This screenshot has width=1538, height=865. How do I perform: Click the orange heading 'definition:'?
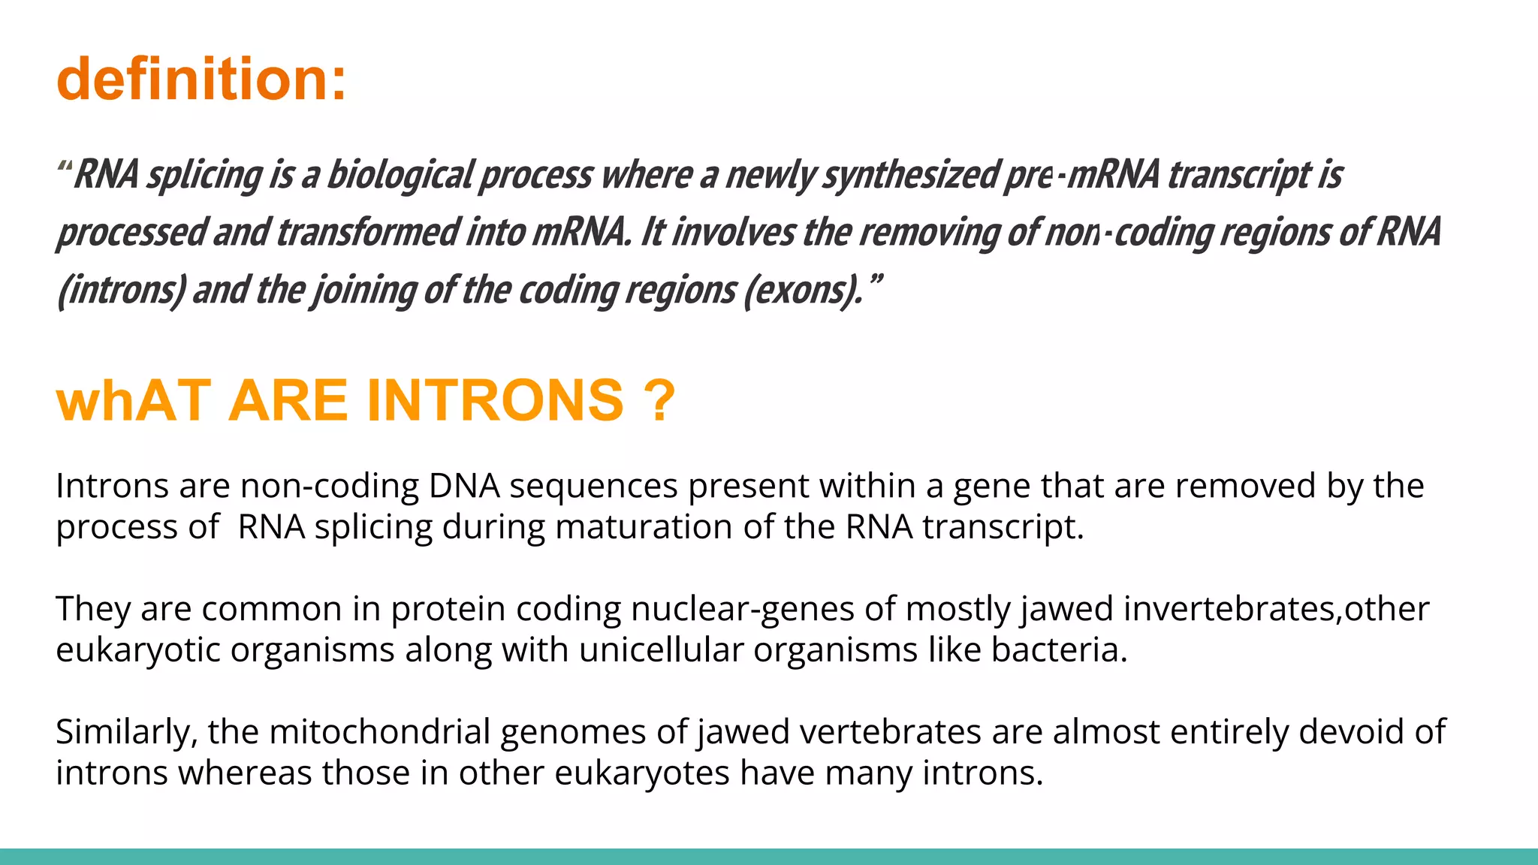pos(201,79)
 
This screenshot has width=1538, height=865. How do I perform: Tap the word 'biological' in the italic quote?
pos(400,175)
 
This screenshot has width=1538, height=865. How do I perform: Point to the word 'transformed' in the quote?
pos(367,232)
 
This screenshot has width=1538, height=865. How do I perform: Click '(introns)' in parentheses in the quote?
pos(121,290)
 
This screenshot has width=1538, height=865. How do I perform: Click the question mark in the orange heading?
pos(659,400)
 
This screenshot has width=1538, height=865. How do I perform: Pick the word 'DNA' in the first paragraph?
pos(464,486)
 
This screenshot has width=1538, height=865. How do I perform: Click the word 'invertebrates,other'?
pos(1276,609)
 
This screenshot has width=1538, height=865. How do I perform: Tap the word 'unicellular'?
pos(661,650)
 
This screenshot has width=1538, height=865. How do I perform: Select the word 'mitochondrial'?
pos(379,732)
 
